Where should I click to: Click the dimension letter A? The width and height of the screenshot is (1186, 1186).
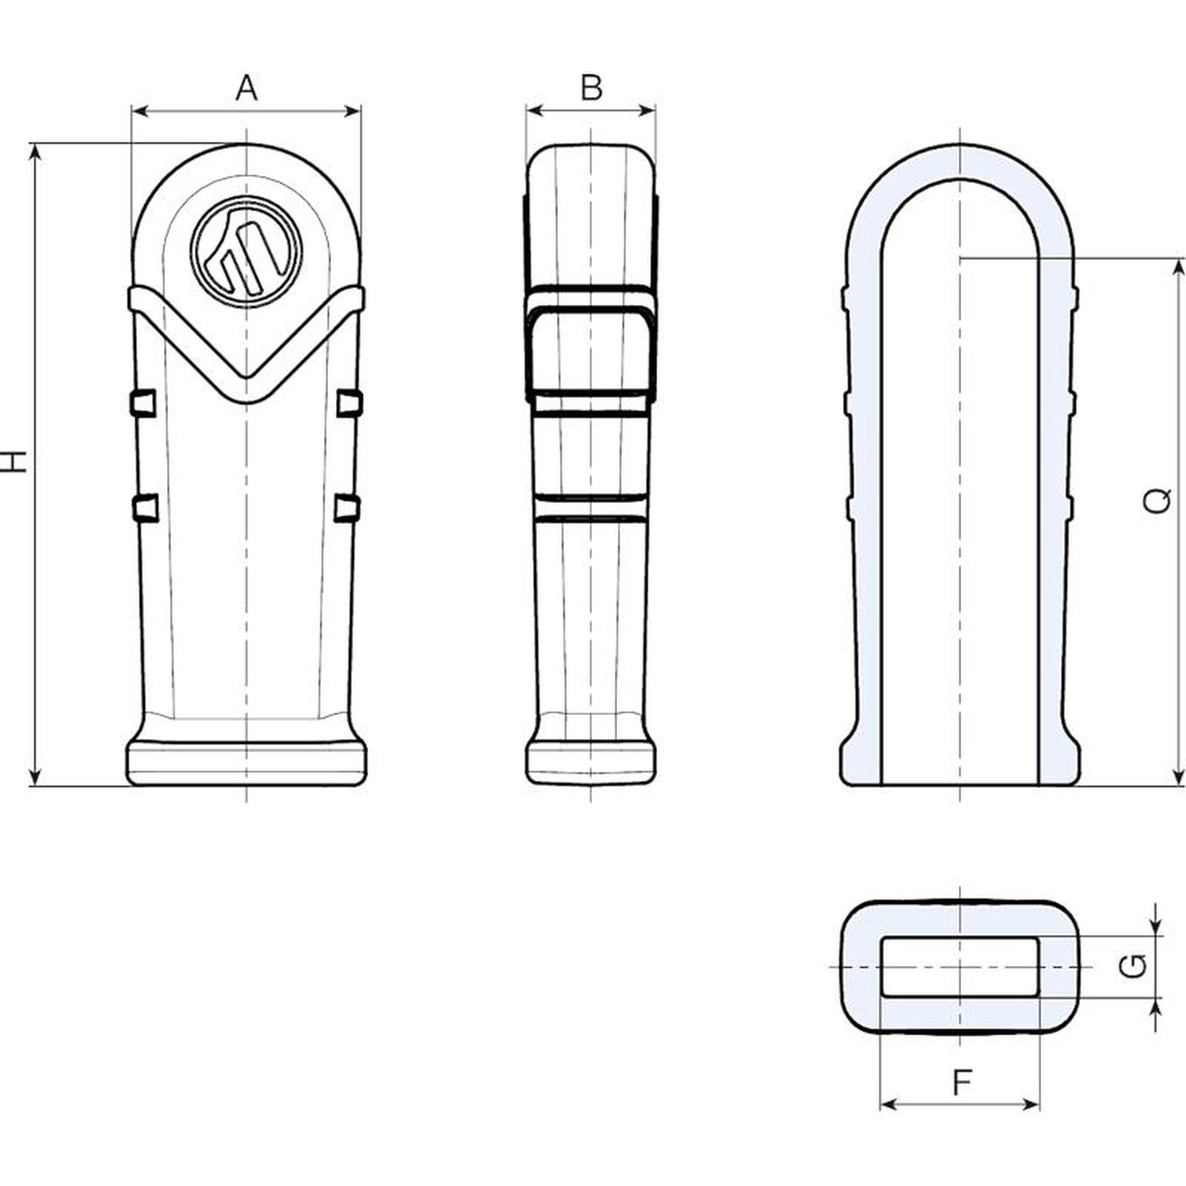pyautogui.click(x=247, y=87)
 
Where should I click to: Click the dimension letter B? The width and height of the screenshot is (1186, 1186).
pyautogui.click(x=592, y=87)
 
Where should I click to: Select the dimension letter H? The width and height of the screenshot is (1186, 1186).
pyautogui.click(x=13, y=461)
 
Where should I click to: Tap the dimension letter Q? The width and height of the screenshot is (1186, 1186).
pyautogui.click(x=1157, y=501)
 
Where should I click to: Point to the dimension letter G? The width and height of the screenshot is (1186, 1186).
pyautogui.click(x=1133, y=966)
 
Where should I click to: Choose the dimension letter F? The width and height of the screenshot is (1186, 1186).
pyautogui.click(x=961, y=1083)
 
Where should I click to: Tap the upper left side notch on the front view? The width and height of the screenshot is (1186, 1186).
pyautogui.click(x=143, y=402)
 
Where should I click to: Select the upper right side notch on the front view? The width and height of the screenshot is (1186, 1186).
pyautogui.click(x=349, y=402)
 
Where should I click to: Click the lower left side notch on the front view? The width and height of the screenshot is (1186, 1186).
pyautogui.click(x=146, y=508)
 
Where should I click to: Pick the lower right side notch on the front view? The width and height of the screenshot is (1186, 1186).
pyautogui.click(x=347, y=508)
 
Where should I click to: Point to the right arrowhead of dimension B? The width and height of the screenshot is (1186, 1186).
pyautogui.click(x=649, y=111)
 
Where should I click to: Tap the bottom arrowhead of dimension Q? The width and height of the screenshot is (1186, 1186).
pyautogui.click(x=1179, y=778)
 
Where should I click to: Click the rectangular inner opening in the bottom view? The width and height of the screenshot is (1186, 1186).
pyautogui.click(x=960, y=967)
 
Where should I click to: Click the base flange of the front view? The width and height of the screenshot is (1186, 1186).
pyautogui.click(x=247, y=761)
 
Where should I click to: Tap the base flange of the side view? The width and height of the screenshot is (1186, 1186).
pyautogui.click(x=591, y=761)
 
